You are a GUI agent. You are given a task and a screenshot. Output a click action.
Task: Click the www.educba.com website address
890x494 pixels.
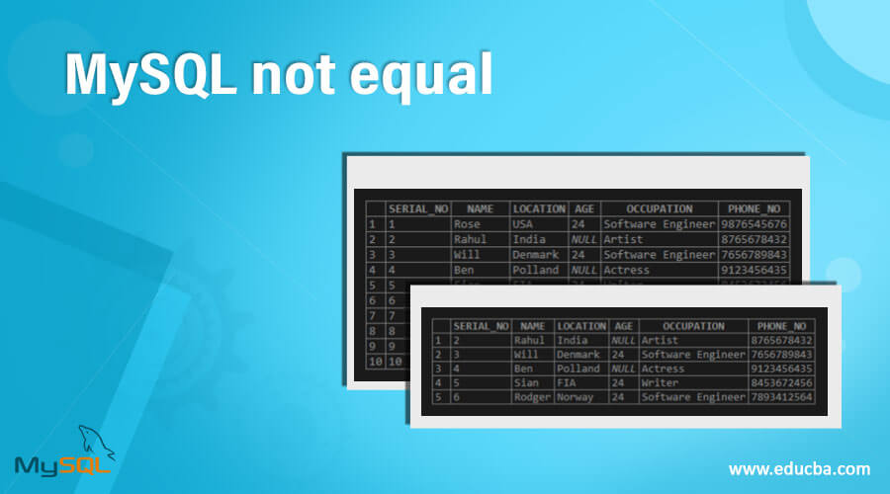799,468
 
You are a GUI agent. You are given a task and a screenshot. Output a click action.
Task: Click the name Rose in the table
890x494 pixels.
467,224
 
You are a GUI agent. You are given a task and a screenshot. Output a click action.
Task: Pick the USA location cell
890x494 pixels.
523,224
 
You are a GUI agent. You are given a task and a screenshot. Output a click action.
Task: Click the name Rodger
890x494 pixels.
531,396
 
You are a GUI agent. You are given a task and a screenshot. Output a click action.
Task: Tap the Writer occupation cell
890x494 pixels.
661,382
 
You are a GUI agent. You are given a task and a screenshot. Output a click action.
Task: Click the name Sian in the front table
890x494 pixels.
527,382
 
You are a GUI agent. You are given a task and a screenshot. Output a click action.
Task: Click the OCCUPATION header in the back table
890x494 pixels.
658,209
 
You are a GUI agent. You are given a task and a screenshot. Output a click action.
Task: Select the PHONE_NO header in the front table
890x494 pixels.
782,326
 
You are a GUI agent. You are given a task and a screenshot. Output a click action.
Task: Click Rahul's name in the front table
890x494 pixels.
530,340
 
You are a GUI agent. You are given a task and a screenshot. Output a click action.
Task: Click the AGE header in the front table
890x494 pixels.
623,326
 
